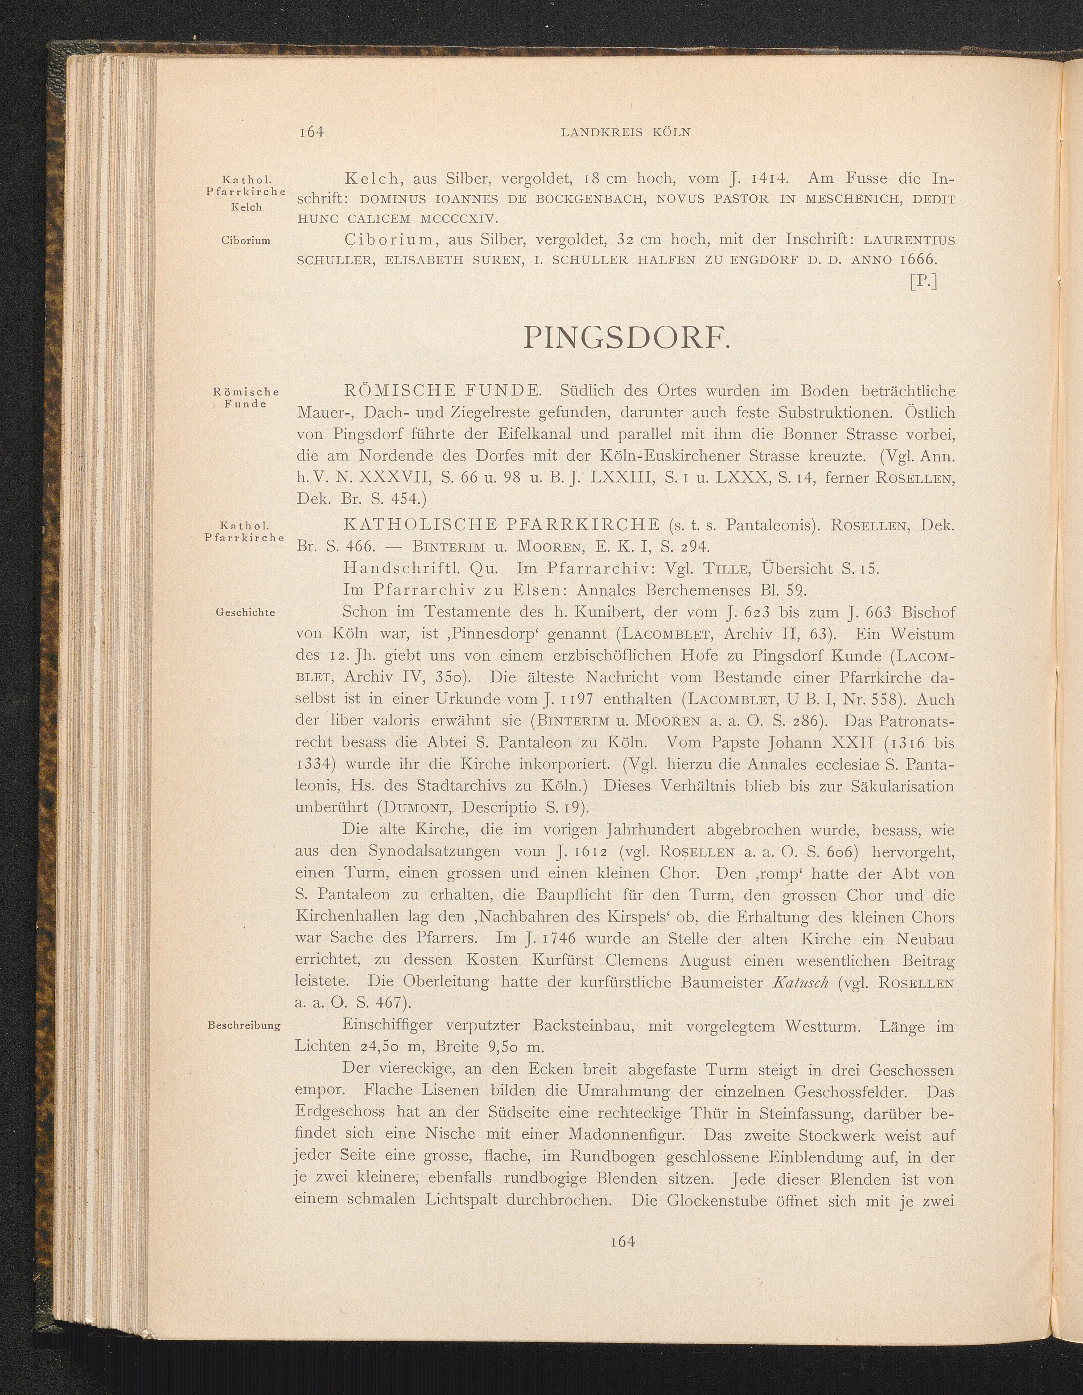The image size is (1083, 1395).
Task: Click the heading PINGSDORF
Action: (x=627, y=338)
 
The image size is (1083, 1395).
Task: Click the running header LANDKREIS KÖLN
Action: (x=626, y=132)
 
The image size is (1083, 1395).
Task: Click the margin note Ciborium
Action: (x=245, y=241)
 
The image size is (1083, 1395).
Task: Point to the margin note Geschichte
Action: (x=245, y=613)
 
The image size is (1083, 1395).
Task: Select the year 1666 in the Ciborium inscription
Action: (x=918, y=259)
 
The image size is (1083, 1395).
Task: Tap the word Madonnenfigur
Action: (x=622, y=1134)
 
